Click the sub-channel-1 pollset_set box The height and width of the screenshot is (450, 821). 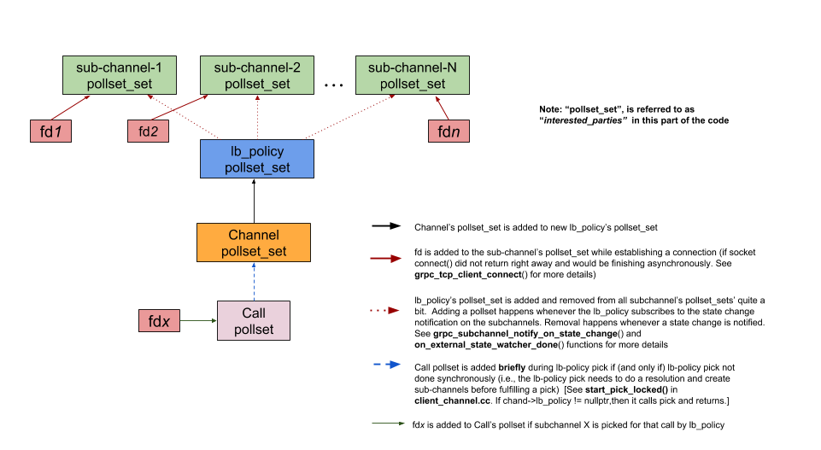tap(120, 75)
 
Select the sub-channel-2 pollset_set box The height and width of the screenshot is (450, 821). tap(257, 75)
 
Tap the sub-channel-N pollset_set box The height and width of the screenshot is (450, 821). tap(413, 75)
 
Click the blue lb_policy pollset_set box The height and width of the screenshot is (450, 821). tap(257, 159)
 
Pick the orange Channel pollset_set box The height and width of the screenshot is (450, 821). tap(254, 243)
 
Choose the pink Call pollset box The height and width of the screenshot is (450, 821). tap(254, 321)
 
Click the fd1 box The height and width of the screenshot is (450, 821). tap(50, 131)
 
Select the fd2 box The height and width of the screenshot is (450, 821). tap(148, 131)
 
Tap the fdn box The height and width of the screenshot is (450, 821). tap(449, 131)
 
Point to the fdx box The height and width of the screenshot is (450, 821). tap(159, 321)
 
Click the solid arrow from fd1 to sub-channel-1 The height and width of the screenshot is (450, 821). tap(70, 108)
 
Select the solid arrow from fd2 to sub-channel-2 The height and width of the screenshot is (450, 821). tap(179, 108)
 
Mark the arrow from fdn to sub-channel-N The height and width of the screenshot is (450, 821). tap(442, 108)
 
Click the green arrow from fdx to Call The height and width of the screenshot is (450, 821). tap(198, 321)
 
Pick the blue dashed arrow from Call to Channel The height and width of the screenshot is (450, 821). tap(254, 282)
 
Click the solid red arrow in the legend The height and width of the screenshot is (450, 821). tap(385, 258)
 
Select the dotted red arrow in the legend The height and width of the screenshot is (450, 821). tap(385, 311)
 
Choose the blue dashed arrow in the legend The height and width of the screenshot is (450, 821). tap(387, 365)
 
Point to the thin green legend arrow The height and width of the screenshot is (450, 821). tap(389, 422)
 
